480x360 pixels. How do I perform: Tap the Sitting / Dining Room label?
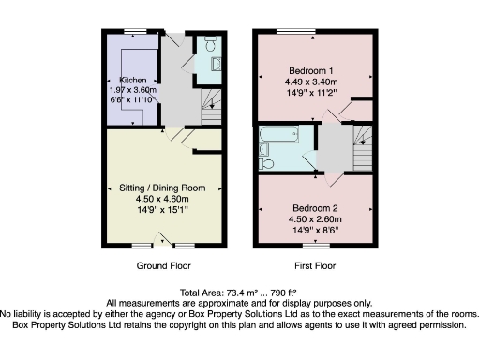point(157,187)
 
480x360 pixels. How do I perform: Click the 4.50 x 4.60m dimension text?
point(157,199)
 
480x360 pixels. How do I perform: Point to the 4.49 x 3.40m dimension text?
point(315,82)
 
